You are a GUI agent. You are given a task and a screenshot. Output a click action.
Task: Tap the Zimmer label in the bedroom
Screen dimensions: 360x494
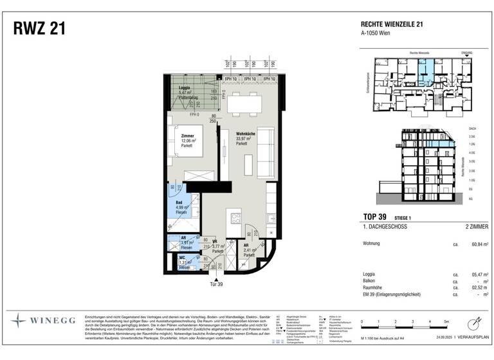click(x=188, y=136)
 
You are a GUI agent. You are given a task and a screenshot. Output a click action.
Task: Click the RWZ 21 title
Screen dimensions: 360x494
click(x=39, y=29)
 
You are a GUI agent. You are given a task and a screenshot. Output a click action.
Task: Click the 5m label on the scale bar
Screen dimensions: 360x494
click(x=446, y=320)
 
